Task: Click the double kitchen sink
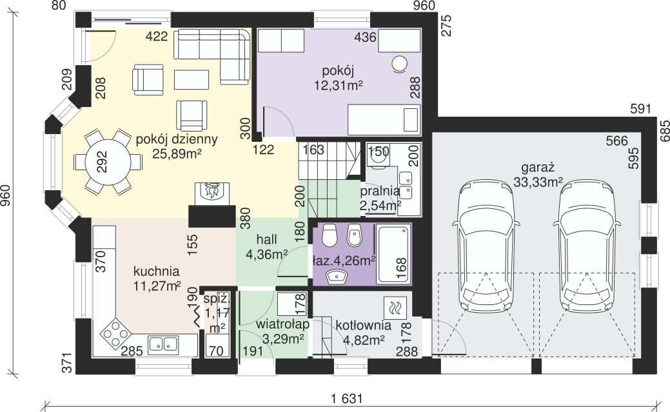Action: (x=163, y=344)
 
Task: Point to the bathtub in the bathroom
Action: (x=393, y=254)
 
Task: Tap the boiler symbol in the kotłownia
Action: (x=395, y=308)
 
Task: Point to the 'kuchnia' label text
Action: (x=157, y=271)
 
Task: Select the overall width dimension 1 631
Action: (x=346, y=398)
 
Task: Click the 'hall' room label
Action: (x=266, y=239)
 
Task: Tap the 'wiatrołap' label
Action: (x=282, y=324)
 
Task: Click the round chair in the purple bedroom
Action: (x=400, y=64)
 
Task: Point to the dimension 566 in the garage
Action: (x=617, y=141)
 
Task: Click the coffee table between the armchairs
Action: (x=192, y=79)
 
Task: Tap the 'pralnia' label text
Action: (x=380, y=191)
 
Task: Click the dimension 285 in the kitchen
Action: (x=132, y=351)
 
